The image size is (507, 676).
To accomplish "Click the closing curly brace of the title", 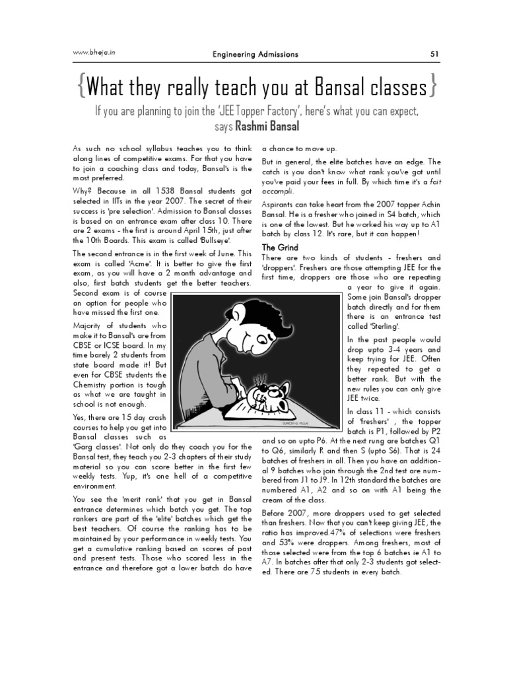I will [430, 86].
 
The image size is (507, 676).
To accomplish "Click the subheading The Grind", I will [281, 247].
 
